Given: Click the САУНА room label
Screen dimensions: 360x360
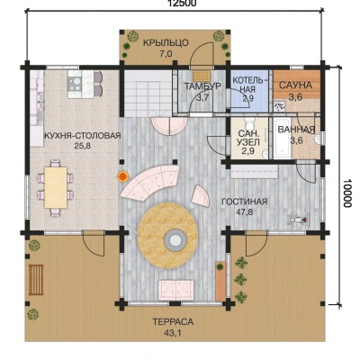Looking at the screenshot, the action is coord(295,85).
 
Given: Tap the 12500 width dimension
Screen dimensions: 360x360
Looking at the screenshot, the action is coord(182,3).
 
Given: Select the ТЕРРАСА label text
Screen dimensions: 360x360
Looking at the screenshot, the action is coord(173,322).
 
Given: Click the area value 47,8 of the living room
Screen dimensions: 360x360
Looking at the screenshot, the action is coord(244,212).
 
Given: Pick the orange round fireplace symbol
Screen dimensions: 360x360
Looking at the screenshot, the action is coord(123,176).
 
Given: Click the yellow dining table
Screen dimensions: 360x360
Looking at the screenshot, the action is coord(56,187).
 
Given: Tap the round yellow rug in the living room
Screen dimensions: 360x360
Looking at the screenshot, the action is coord(167,232).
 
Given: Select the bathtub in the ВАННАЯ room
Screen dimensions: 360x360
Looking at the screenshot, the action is coord(283,138).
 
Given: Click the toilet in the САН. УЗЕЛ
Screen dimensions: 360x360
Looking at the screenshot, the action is coord(249,123).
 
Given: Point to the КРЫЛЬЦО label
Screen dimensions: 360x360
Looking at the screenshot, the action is coord(166,43).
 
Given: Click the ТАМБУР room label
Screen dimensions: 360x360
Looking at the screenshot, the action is coord(202,86).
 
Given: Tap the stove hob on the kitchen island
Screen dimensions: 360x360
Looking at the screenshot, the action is coord(75,84).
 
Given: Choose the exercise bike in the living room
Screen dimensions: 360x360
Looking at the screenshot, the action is coord(299,219).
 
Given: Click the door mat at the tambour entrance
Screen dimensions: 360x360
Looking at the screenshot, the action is coord(202,75).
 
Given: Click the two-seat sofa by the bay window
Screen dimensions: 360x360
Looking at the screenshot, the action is coord(175,290).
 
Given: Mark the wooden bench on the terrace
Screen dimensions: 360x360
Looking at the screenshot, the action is coord(36,280).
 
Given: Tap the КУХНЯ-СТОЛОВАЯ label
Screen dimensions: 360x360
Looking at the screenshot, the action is coord(82,136).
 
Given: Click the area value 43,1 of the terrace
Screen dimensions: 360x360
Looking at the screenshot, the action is coord(173,333).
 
